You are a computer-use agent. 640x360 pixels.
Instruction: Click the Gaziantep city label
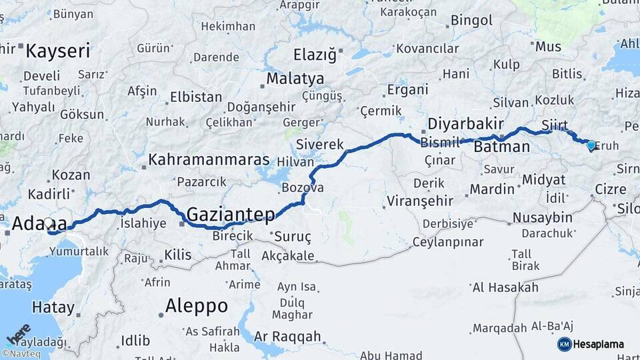pyautogui.click(x=231, y=214)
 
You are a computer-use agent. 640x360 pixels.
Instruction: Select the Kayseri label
pyautogui.click(x=57, y=50)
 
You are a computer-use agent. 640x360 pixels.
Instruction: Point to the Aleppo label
pyautogui.click(x=196, y=306)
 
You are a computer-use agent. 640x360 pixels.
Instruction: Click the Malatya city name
pyautogui.click(x=295, y=79)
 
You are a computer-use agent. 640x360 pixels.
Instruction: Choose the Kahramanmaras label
pyautogui.click(x=209, y=160)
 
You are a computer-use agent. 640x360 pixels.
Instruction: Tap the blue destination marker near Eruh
pyautogui.click(x=591, y=145)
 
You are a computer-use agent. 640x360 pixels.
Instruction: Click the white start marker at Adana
pyautogui.click(x=48, y=224)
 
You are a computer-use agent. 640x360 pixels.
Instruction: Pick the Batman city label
pyautogui.click(x=502, y=147)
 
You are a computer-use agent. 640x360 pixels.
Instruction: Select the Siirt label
pyautogui.click(x=555, y=125)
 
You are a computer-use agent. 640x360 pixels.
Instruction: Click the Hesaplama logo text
pyautogui.click(x=599, y=345)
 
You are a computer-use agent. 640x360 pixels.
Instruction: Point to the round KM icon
pyautogui.click(x=565, y=345)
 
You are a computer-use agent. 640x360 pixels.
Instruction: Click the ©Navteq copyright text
pyautogui.click(x=21, y=354)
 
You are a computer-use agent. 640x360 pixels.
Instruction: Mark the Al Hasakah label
pyautogui.click(x=505, y=288)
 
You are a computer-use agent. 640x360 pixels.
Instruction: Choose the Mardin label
pyautogui.click(x=492, y=189)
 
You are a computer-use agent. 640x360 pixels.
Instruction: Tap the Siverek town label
pyautogui.click(x=319, y=144)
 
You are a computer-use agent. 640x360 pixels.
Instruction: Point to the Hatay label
pyautogui.click(x=53, y=307)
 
